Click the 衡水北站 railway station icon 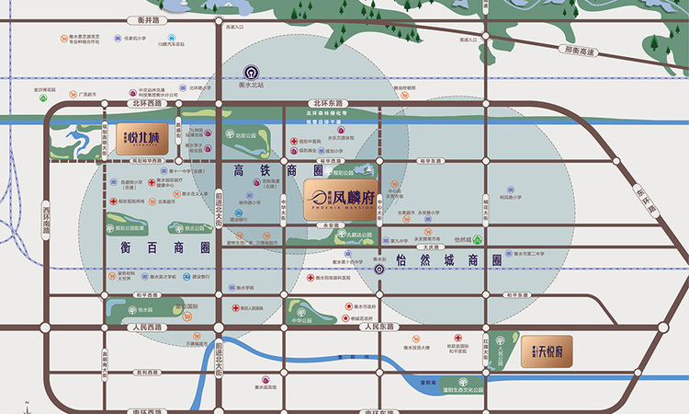click(x=252, y=72)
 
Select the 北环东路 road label click(x=327, y=103)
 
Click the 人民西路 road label click(x=146, y=327)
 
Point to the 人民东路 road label click(x=378, y=327)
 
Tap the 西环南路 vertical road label click(x=46, y=216)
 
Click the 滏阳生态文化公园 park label click(x=469, y=391)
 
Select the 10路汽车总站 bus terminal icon click(x=170, y=39)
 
